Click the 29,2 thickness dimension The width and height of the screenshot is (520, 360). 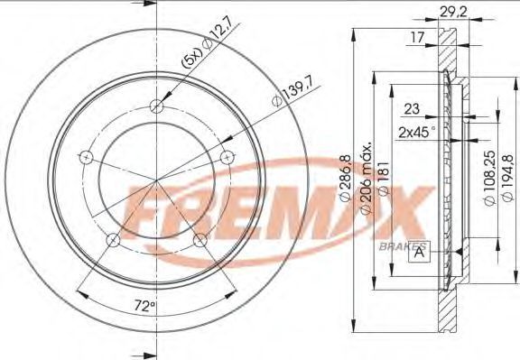453,13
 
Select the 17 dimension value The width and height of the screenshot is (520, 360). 417,38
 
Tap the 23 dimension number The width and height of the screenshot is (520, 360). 412,109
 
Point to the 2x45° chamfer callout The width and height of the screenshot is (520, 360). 416,133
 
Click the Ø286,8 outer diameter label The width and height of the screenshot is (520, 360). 345,179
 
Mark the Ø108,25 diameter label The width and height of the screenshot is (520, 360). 490,179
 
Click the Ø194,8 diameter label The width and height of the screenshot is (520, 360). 508,178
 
